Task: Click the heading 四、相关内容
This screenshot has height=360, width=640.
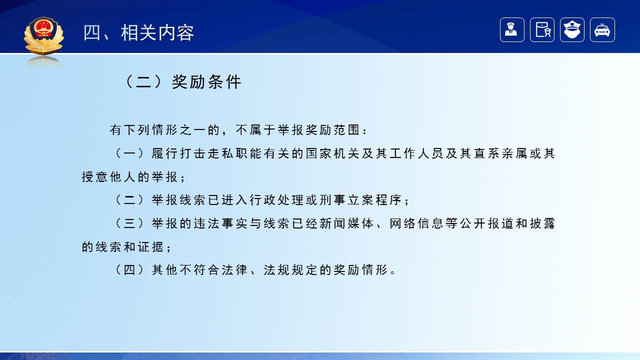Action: [138, 33]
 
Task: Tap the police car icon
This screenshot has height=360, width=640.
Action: [602, 30]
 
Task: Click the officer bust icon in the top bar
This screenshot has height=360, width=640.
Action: [512, 30]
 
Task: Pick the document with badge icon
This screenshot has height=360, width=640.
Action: [542, 30]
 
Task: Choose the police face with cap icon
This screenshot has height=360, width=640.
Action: [572, 30]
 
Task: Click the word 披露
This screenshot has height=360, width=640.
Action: [542, 224]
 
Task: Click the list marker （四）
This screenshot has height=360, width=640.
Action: [128, 270]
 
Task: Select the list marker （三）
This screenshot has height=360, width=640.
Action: [128, 224]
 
